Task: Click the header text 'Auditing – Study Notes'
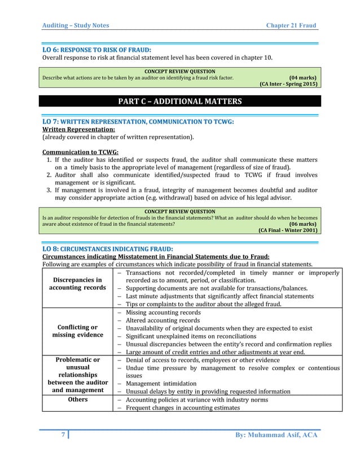pos(76,25)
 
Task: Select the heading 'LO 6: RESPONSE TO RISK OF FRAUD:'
pos(97,49)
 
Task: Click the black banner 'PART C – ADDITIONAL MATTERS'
pos(179,102)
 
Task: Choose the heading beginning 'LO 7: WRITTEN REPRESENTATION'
pos(138,121)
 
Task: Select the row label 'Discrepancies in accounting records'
pos(77,283)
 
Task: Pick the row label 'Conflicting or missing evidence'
pos(77,331)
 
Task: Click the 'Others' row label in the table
pos(77,399)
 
